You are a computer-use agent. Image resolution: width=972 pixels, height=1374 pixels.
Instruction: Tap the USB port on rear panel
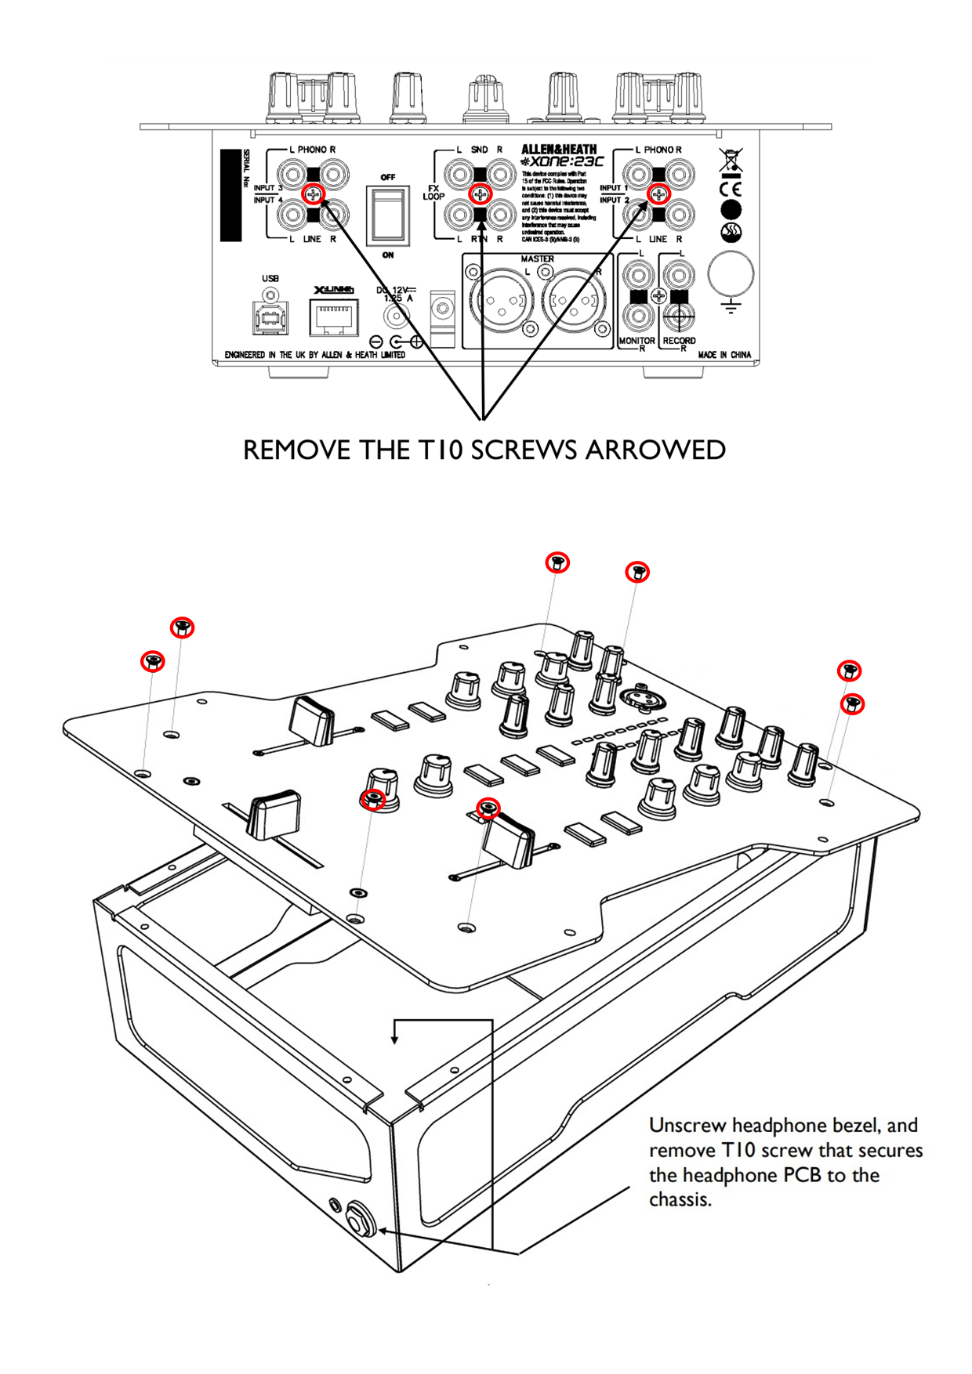click(270, 316)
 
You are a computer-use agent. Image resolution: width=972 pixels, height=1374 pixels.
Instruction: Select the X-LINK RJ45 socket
click(334, 316)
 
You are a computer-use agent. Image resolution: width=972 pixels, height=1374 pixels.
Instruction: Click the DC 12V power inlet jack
click(397, 316)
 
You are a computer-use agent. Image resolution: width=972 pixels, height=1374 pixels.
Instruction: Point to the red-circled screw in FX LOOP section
click(480, 193)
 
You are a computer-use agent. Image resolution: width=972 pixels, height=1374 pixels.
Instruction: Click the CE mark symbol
click(730, 189)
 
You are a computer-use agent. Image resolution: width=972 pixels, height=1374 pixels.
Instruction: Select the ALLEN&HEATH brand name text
click(559, 149)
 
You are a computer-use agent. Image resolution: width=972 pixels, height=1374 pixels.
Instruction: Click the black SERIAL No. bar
click(230, 195)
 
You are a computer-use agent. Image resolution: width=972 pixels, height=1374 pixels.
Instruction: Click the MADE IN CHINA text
click(724, 355)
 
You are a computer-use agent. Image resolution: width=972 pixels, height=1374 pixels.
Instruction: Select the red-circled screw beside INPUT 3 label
click(313, 193)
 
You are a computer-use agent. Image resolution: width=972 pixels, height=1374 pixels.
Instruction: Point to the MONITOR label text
click(637, 341)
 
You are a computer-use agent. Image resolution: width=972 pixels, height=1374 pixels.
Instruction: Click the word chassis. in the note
click(680, 1199)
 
